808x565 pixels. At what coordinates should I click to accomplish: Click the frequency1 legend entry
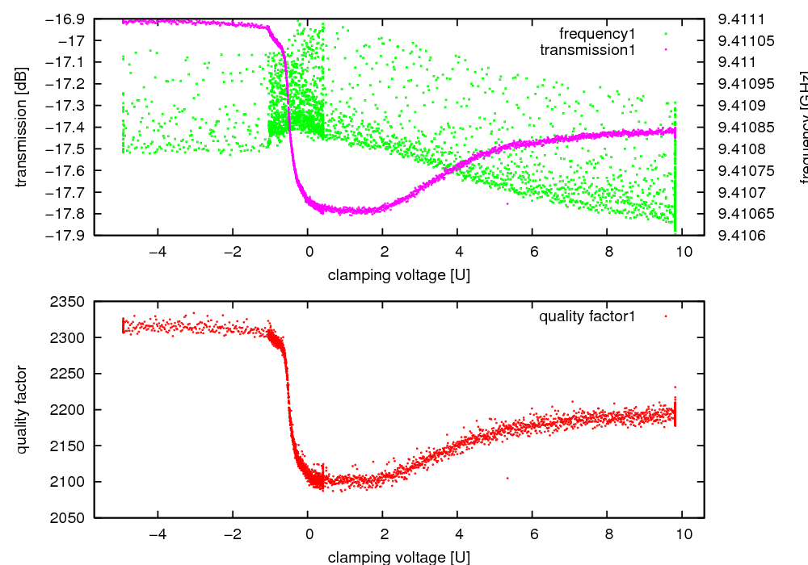[597, 33]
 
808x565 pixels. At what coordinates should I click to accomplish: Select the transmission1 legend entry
[587, 49]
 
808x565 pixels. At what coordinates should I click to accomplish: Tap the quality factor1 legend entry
[587, 316]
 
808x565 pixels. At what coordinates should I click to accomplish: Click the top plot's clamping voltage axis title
[398, 275]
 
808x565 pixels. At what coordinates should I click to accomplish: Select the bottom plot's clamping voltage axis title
[398, 557]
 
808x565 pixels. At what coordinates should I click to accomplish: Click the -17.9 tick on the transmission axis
[69, 236]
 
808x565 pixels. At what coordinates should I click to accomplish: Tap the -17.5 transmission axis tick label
[69, 149]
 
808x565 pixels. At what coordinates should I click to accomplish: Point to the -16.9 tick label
[69, 19]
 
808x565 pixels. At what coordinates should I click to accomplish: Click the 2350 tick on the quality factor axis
[69, 302]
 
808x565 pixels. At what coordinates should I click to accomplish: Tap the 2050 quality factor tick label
[69, 518]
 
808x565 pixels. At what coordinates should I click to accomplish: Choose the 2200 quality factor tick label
[69, 410]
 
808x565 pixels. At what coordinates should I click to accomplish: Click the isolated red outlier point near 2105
[507, 478]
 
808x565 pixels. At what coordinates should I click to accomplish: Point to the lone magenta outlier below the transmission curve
[507, 203]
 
